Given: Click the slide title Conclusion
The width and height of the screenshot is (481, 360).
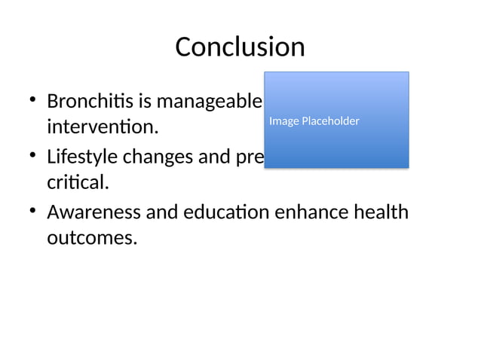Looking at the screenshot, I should (x=240, y=47).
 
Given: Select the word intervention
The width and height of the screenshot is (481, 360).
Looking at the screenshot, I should (x=103, y=127).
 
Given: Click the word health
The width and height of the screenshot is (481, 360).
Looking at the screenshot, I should (x=382, y=214).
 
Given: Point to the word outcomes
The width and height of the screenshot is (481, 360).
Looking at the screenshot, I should (x=92, y=239).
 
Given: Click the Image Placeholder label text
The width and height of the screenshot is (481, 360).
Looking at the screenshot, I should (x=314, y=121).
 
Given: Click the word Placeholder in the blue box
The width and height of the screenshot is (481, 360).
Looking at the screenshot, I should (x=329, y=121).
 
